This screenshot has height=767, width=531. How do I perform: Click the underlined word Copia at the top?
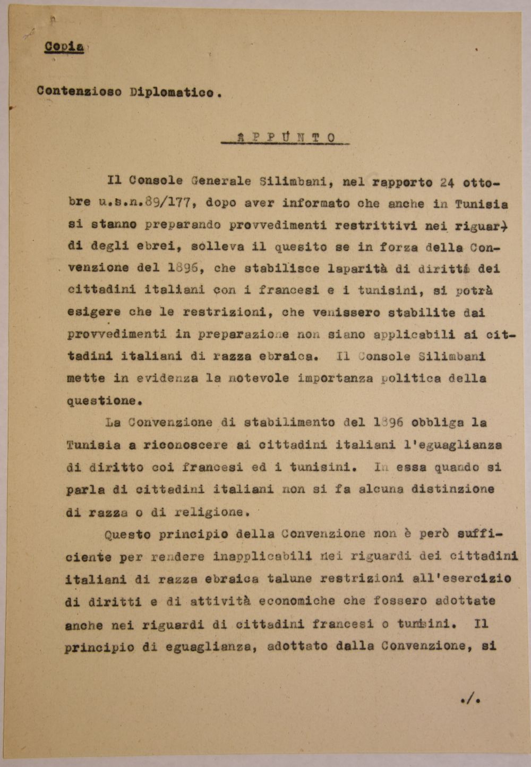pyautogui.click(x=64, y=47)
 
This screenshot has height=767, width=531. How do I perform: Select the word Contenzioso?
pyautogui.click(x=79, y=91)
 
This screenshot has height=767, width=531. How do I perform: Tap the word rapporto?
pyautogui.click(x=402, y=182)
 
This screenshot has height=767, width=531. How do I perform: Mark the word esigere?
pyautogui.click(x=94, y=312)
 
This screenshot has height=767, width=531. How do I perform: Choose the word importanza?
pyautogui.click(x=335, y=378)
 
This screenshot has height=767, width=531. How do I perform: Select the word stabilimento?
pyautogui.click(x=289, y=423)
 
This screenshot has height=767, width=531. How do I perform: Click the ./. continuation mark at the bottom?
pyautogui.click(x=470, y=700)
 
